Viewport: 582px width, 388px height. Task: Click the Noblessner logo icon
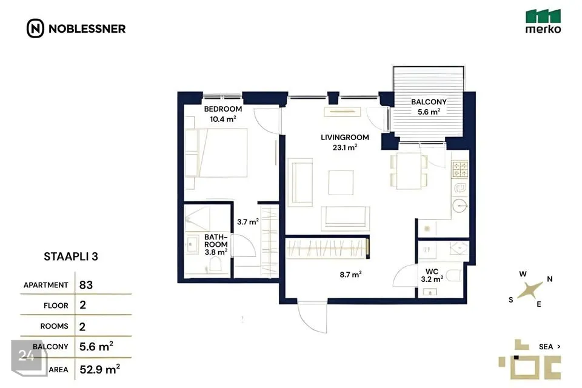point(35,28)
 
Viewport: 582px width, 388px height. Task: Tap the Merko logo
point(543,22)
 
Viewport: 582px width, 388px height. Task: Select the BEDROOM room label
point(223,109)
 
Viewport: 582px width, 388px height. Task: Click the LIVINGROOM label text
point(345,138)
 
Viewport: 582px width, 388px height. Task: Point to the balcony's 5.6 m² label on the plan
point(429,112)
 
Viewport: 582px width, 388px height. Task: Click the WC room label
point(432,272)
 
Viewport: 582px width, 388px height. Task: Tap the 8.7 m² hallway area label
point(351,275)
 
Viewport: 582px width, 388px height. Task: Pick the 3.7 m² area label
point(248,222)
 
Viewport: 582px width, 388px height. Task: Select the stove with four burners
point(460,169)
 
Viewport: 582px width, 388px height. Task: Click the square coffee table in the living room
point(341,182)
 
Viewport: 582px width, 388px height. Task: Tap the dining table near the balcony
point(409,171)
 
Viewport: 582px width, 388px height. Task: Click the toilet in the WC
point(454,275)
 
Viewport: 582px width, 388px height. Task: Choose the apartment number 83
point(86,285)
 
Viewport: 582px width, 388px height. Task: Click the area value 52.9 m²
point(100,369)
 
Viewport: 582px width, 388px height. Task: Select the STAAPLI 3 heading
point(71,256)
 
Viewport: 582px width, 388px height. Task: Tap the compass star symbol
point(530,290)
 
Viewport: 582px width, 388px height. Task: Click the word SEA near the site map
point(546,347)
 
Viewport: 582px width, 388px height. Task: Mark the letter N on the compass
point(550,279)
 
